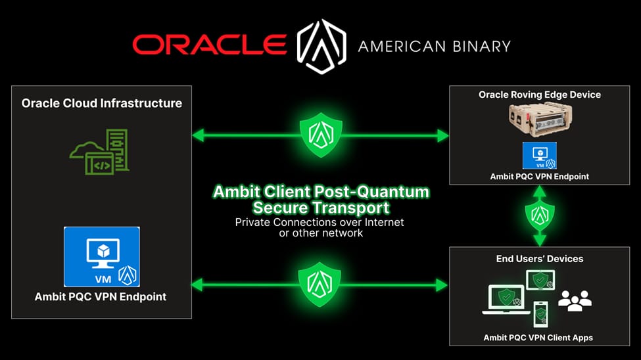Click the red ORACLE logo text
coord(209,45)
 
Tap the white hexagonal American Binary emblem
coord(321,46)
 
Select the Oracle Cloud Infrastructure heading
coord(102,103)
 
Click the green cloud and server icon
coord(100,152)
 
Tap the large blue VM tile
coord(102,257)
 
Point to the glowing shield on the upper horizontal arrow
coord(321,135)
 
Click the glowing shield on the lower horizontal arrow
coord(320,284)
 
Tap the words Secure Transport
coord(321,208)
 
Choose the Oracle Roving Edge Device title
coord(540,95)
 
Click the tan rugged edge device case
coord(540,120)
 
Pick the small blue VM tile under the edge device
coord(540,155)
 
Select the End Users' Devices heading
coord(540,259)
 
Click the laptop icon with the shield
coord(506,300)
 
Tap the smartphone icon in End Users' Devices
coord(541,314)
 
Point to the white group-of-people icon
coord(575,301)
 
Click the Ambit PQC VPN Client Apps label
coord(538,338)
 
